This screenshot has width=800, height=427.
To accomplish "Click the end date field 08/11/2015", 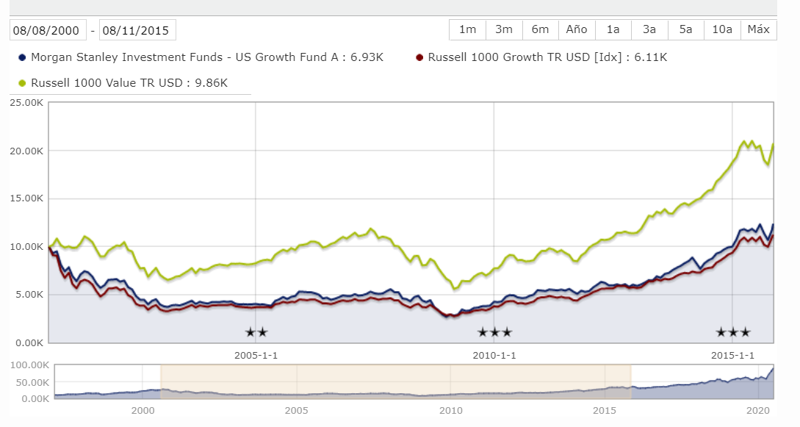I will click(x=137, y=30).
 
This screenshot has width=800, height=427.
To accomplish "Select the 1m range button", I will click(x=467, y=29).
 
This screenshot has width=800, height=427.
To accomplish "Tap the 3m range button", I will click(x=504, y=29).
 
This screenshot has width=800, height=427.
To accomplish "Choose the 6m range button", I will click(x=540, y=29).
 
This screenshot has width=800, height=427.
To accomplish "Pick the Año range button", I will click(x=577, y=29).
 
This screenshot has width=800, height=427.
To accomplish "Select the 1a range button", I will click(x=613, y=29).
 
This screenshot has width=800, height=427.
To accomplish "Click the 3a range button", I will click(x=649, y=29).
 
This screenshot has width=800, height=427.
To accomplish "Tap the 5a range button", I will click(x=685, y=29).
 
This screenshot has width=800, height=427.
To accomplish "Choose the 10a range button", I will click(x=722, y=29).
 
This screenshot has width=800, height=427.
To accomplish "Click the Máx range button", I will click(x=758, y=29).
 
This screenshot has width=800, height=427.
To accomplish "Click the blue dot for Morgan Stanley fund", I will click(x=22, y=57).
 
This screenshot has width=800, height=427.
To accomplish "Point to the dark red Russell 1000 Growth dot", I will click(x=419, y=57).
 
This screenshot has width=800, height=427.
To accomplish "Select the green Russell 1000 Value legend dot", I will click(x=22, y=83).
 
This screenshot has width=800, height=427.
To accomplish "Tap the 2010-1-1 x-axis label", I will click(x=493, y=356).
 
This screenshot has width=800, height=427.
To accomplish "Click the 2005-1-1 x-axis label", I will click(x=256, y=356).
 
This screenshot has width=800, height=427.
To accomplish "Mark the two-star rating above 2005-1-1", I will click(x=256, y=332).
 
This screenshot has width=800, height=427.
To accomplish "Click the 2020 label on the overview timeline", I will click(x=758, y=410).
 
